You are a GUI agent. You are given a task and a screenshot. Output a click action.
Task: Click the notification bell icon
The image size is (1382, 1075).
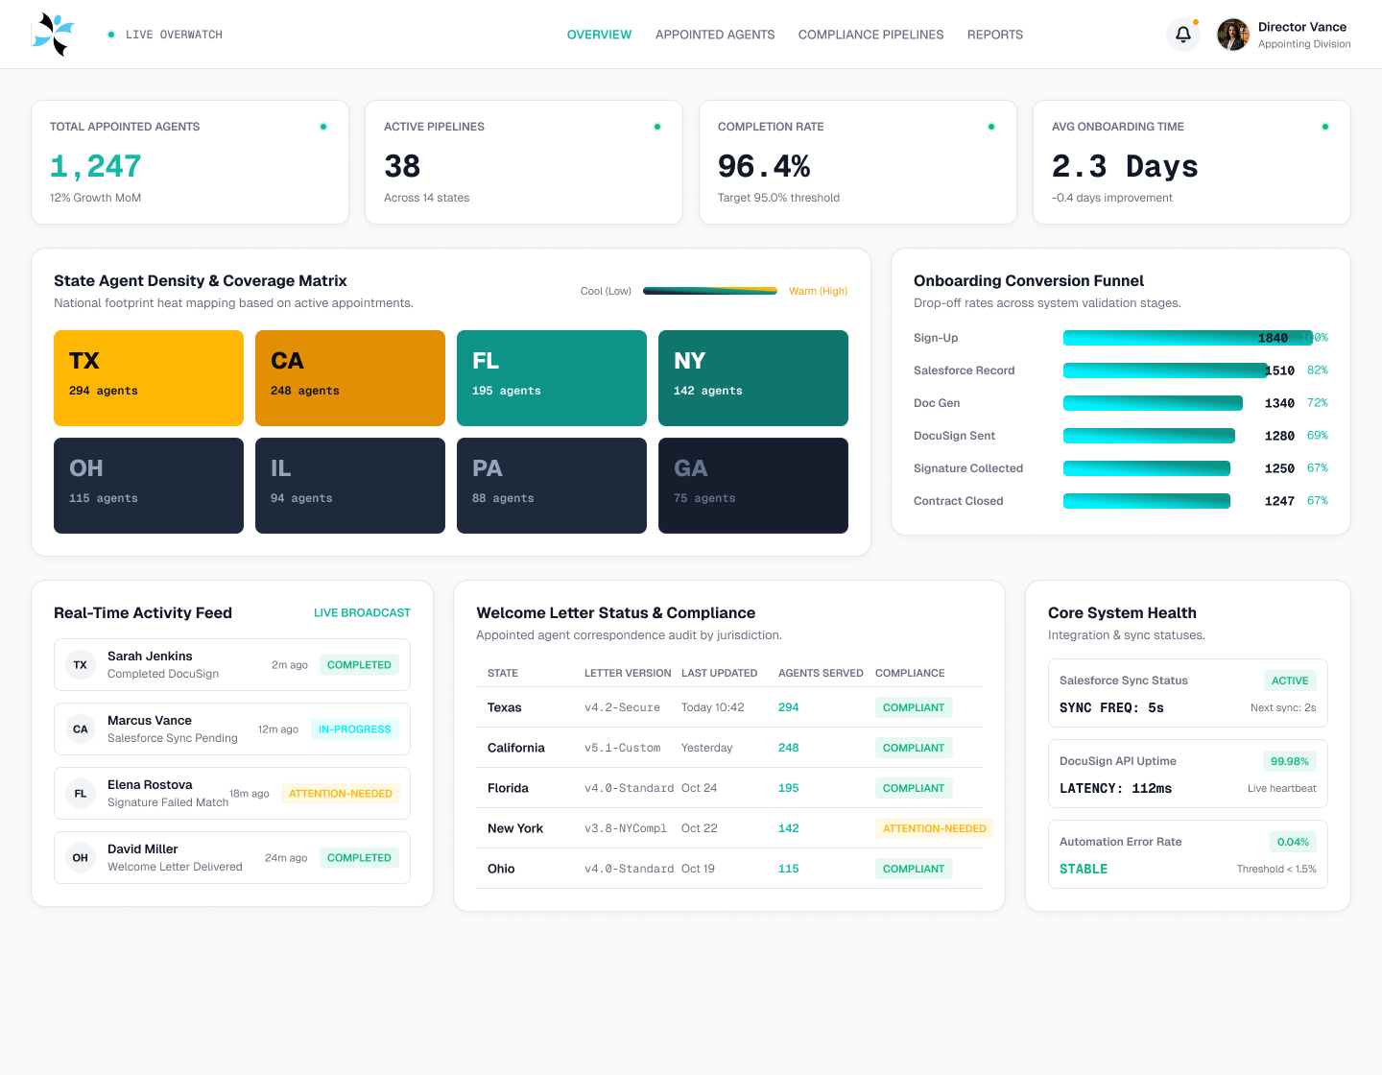pyautogui.click(x=1182, y=35)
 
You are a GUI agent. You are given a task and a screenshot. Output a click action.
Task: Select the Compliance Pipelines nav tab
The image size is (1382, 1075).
pyautogui.click(x=870, y=35)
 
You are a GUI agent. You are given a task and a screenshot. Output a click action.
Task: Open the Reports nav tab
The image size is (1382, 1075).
pyautogui.click(x=994, y=35)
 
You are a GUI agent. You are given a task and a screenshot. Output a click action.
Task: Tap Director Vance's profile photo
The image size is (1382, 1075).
pyautogui.click(x=1232, y=35)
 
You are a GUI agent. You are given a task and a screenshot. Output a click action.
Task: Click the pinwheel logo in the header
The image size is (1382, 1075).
pyautogui.click(x=54, y=35)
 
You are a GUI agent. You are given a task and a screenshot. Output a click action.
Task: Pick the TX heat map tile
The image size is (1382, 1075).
pyautogui.click(x=148, y=378)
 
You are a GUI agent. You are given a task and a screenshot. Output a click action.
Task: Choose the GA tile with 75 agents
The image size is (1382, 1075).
pyautogui.click(x=753, y=486)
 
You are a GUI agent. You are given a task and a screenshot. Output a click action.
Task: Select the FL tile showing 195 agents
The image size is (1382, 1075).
pyautogui.click(x=552, y=378)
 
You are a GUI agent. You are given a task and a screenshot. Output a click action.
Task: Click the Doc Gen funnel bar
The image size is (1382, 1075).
pyautogui.click(x=1153, y=403)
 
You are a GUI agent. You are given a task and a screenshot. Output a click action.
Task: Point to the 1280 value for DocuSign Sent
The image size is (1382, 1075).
pyautogui.click(x=1279, y=436)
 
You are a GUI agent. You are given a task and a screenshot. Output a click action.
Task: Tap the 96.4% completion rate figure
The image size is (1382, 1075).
pyautogui.click(x=764, y=166)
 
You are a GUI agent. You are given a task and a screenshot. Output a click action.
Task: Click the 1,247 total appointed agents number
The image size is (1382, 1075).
pyautogui.click(x=95, y=166)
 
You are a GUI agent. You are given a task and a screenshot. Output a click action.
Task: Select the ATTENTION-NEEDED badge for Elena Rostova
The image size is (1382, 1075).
pyautogui.click(x=341, y=793)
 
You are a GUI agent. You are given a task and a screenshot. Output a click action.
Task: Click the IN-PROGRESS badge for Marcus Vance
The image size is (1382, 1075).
pyautogui.click(x=354, y=729)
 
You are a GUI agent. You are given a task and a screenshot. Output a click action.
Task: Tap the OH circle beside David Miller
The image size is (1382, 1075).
pyautogui.click(x=80, y=857)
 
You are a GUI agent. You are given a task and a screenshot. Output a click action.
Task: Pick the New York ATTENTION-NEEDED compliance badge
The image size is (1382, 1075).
pyautogui.click(x=934, y=828)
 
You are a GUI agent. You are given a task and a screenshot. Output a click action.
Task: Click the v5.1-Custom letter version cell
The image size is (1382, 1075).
pyautogui.click(x=622, y=748)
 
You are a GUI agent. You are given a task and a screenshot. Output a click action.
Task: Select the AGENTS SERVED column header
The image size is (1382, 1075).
pyautogui.click(x=821, y=673)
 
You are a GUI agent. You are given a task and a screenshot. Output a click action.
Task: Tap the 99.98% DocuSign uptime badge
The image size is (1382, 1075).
pyautogui.click(x=1289, y=761)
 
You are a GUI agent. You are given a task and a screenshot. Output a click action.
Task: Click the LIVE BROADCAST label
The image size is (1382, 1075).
pyautogui.click(x=362, y=612)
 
